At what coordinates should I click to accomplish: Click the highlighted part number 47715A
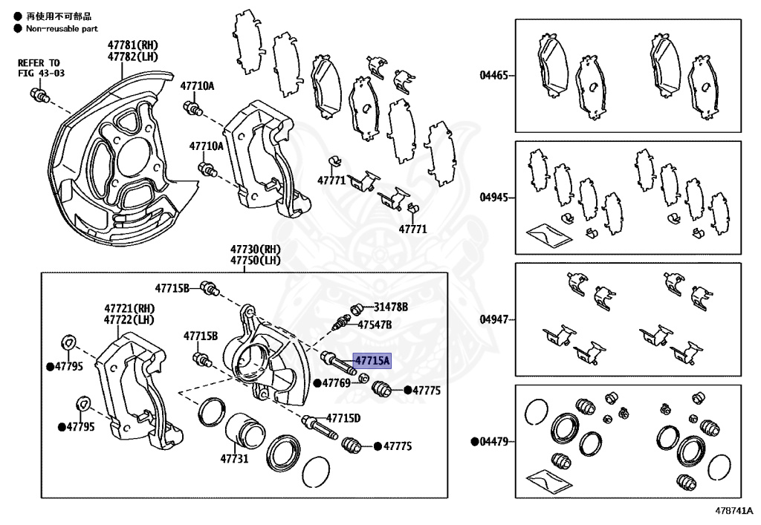(x=372, y=361)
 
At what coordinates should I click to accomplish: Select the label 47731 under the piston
(x=233, y=459)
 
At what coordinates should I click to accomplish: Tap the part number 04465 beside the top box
(x=493, y=75)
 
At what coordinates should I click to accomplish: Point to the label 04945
(x=493, y=197)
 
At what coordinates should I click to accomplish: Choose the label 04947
(x=493, y=319)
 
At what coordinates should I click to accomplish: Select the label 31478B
(x=391, y=306)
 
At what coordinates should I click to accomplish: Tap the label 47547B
(x=375, y=325)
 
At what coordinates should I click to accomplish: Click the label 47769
(x=336, y=383)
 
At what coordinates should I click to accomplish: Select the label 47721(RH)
(x=129, y=308)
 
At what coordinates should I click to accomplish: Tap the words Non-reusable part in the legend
(x=62, y=29)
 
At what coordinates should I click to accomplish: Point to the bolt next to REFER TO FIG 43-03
(x=38, y=95)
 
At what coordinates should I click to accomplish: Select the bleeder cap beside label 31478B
(x=356, y=307)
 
